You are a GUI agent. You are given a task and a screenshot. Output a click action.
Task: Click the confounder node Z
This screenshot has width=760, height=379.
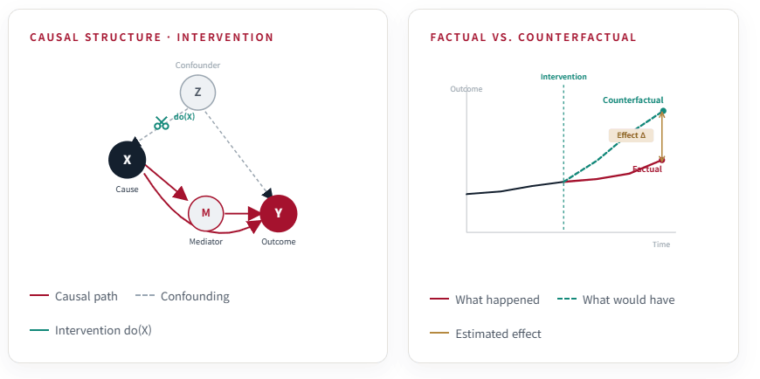197,92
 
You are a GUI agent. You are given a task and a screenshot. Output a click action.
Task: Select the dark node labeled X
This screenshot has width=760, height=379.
127,160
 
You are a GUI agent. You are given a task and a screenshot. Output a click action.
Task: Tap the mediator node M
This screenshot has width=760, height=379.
205,213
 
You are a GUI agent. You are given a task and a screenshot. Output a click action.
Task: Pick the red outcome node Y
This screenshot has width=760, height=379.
279,213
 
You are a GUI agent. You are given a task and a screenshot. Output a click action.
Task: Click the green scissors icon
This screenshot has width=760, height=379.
162,123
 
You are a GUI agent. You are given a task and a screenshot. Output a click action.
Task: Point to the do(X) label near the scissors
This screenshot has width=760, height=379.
184,116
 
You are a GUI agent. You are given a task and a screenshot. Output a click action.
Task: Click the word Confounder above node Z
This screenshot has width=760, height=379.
197,65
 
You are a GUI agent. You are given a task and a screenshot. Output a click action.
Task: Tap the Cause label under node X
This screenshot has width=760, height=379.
127,189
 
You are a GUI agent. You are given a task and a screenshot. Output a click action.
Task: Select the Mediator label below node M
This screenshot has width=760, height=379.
205,242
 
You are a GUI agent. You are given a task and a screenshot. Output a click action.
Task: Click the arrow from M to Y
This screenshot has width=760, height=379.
242,213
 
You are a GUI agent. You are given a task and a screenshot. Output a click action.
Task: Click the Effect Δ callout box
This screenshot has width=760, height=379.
631,135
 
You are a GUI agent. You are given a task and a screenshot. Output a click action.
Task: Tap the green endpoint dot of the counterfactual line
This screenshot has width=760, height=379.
663,111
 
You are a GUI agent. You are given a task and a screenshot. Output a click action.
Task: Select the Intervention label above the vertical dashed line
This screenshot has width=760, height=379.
563,77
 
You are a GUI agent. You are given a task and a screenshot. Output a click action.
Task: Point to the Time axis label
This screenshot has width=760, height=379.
661,245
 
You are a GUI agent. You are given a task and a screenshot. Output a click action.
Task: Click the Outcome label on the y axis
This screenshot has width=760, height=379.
466,89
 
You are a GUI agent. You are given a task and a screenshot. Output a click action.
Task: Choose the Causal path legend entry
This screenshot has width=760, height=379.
73,296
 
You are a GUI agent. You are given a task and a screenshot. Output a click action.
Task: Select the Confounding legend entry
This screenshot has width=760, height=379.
183,296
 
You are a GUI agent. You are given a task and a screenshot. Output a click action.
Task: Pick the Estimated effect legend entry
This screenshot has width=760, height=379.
486,334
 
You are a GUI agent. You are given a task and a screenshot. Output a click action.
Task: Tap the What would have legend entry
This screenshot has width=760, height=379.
616,300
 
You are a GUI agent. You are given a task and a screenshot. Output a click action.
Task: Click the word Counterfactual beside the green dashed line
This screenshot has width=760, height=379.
633,100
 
